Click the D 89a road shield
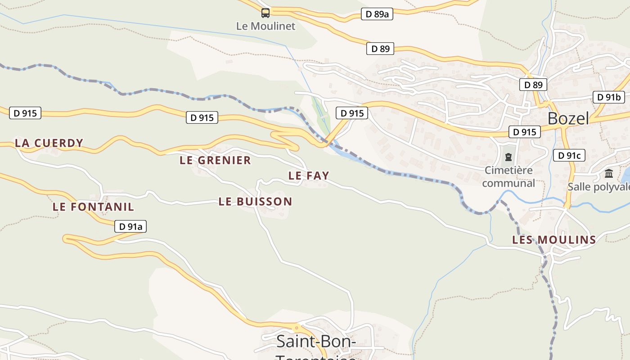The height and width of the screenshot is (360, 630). (377, 14)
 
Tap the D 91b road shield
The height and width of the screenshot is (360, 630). (609, 97)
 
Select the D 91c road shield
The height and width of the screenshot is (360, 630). (569, 156)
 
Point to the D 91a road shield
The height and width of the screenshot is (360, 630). (130, 226)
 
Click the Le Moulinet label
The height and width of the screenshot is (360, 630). (265, 26)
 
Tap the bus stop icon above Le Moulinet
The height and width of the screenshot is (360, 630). (265, 13)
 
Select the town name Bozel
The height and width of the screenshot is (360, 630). (568, 118)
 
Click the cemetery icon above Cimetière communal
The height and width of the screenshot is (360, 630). (508, 157)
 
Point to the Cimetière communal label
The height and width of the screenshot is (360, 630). (508, 177)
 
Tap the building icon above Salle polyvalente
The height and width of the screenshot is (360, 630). (609, 174)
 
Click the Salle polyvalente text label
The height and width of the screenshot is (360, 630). (598, 187)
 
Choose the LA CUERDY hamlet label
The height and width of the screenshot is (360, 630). (49, 143)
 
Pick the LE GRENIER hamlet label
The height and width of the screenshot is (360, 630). (215, 160)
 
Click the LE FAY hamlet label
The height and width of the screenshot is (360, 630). (309, 175)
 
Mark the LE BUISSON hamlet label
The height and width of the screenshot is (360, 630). (255, 202)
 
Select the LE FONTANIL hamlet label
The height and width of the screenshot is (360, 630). (93, 207)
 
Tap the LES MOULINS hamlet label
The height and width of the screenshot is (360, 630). (554, 240)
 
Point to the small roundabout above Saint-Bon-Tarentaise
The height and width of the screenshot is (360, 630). (296, 328)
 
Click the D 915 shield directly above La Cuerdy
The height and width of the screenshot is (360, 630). (25, 113)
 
